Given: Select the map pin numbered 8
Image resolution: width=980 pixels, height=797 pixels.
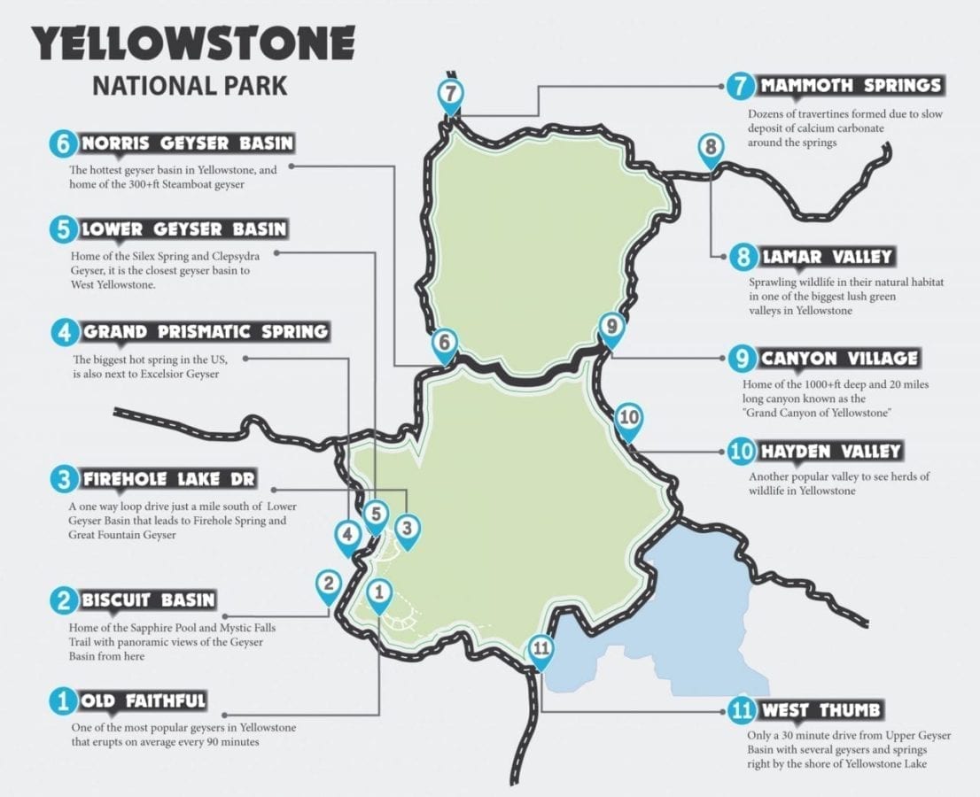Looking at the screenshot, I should coord(711,148).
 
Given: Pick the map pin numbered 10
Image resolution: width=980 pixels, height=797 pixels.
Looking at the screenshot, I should coord(628,419).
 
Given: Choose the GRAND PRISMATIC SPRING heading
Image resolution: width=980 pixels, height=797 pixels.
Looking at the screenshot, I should coord(205,333).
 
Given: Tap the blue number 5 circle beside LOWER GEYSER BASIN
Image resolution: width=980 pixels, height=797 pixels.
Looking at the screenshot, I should coord(62,230).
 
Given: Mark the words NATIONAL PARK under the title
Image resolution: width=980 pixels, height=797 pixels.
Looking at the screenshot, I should coord(190,86).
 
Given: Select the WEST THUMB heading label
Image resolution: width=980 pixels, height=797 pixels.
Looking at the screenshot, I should coord(821,710).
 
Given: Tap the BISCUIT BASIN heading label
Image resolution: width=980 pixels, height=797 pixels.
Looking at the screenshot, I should coord(148,600).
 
